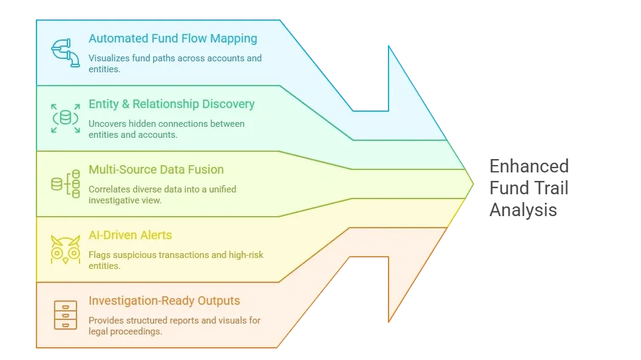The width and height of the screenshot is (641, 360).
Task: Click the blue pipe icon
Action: [65, 53]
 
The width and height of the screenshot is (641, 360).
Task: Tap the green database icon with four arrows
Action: [65, 118]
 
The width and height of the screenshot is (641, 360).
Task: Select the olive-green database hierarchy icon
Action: [65, 183]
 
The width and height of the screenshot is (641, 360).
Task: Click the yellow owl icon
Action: [65, 249]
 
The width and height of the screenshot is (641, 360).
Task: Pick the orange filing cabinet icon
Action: [65, 314]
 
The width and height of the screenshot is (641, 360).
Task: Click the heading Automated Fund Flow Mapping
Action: [172, 38]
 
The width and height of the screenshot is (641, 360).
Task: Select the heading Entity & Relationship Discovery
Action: [171, 104]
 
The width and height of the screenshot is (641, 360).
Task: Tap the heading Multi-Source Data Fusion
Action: [156, 169]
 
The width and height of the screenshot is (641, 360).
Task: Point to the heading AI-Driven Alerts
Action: [130, 235]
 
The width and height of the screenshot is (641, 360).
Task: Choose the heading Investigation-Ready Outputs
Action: [164, 301]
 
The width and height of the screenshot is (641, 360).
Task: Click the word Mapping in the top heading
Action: [233, 38]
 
